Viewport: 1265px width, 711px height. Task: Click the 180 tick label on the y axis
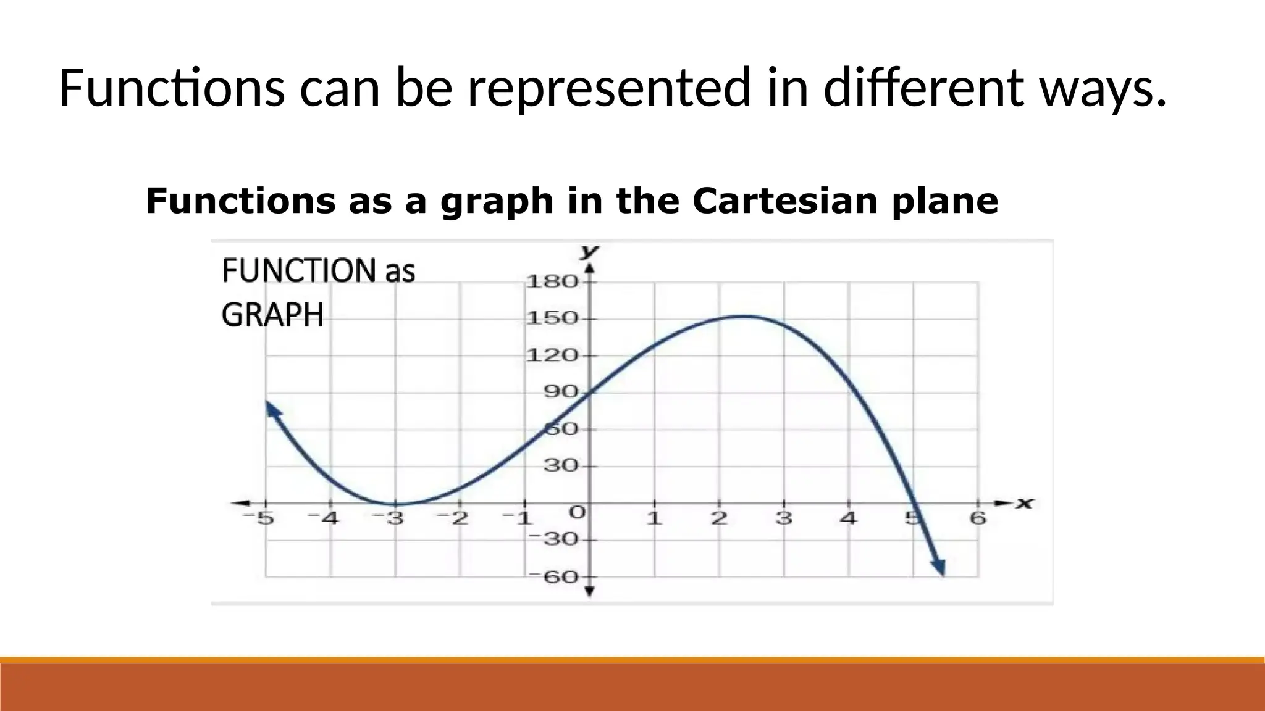click(x=552, y=282)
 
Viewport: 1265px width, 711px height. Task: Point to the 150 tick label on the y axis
click(x=552, y=318)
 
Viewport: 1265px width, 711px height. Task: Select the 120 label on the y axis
click(x=552, y=355)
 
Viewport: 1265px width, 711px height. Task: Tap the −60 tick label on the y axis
click(x=553, y=577)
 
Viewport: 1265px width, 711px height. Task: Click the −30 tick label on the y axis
click(x=553, y=540)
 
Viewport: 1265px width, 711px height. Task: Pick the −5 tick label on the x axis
click(x=258, y=518)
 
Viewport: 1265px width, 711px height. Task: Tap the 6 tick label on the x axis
click(x=978, y=518)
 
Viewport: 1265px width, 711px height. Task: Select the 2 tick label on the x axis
click(x=718, y=518)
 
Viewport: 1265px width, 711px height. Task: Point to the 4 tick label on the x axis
click(x=849, y=518)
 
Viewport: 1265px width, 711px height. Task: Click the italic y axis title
click(x=590, y=251)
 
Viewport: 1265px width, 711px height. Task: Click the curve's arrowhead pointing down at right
click(x=939, y=567)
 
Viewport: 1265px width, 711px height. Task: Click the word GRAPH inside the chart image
click(x=272, y=315)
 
